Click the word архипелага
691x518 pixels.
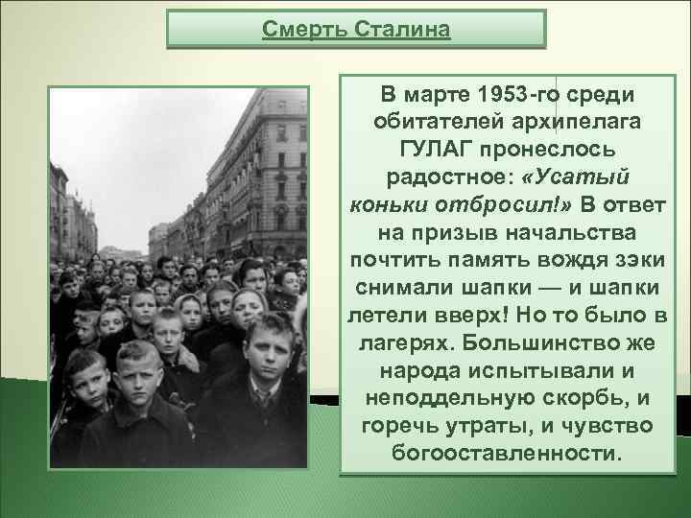(566, 123)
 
